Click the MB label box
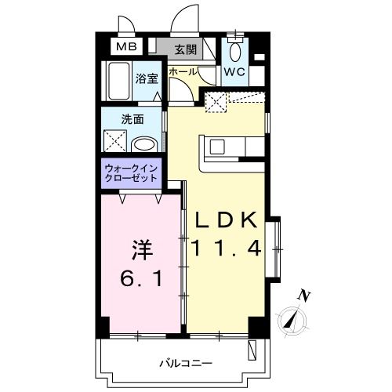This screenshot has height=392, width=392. point(126,47)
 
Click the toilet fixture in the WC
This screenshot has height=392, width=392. point(234,52)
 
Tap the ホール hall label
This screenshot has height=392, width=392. point(182,71)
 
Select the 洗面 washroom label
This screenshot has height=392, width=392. point(132,119)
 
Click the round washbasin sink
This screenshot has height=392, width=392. point(143,144)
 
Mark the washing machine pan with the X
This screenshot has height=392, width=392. point(116,142)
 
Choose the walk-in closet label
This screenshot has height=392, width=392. point(131,173)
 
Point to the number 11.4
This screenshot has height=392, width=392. point(226,249)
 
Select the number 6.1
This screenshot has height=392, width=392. point(142,279)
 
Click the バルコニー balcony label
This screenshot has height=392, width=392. point(182,362)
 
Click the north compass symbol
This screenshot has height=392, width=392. point(292,319)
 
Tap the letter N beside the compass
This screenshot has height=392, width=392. point(305,296)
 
